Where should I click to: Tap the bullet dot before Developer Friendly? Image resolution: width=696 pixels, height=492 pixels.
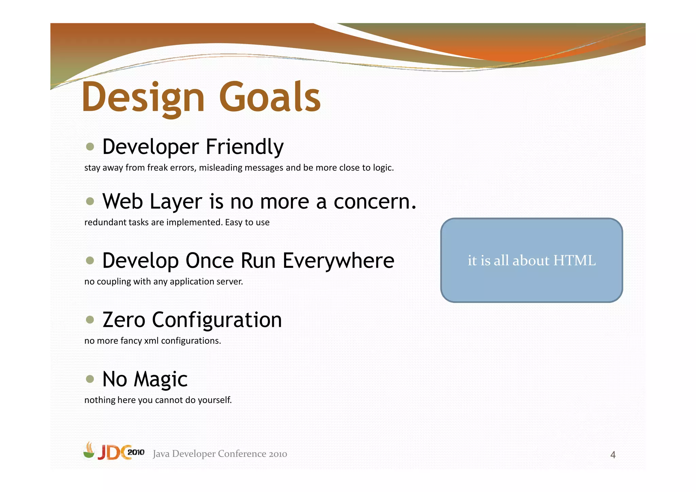coord(90,147)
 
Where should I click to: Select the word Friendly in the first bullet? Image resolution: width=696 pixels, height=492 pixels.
coord(245,147)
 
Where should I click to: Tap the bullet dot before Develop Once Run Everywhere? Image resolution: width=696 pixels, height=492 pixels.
coord(90,261)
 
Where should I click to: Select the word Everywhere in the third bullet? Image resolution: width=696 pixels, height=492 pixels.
coord(338,261)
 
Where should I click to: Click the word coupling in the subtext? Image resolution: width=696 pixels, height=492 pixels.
coord(114,282)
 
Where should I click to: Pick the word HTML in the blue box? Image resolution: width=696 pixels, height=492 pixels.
coord(574,261)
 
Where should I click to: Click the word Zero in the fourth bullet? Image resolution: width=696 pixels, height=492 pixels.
coord(124,320)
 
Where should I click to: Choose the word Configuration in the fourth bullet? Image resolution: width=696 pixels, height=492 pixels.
coord(217,320)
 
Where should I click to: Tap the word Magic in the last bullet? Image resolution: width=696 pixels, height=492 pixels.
coord(160,379)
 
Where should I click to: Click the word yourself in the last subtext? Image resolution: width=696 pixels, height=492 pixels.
coord(214,400)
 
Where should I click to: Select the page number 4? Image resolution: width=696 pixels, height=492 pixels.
coord(613,455)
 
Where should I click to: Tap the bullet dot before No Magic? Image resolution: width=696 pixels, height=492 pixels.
coord(90,379)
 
